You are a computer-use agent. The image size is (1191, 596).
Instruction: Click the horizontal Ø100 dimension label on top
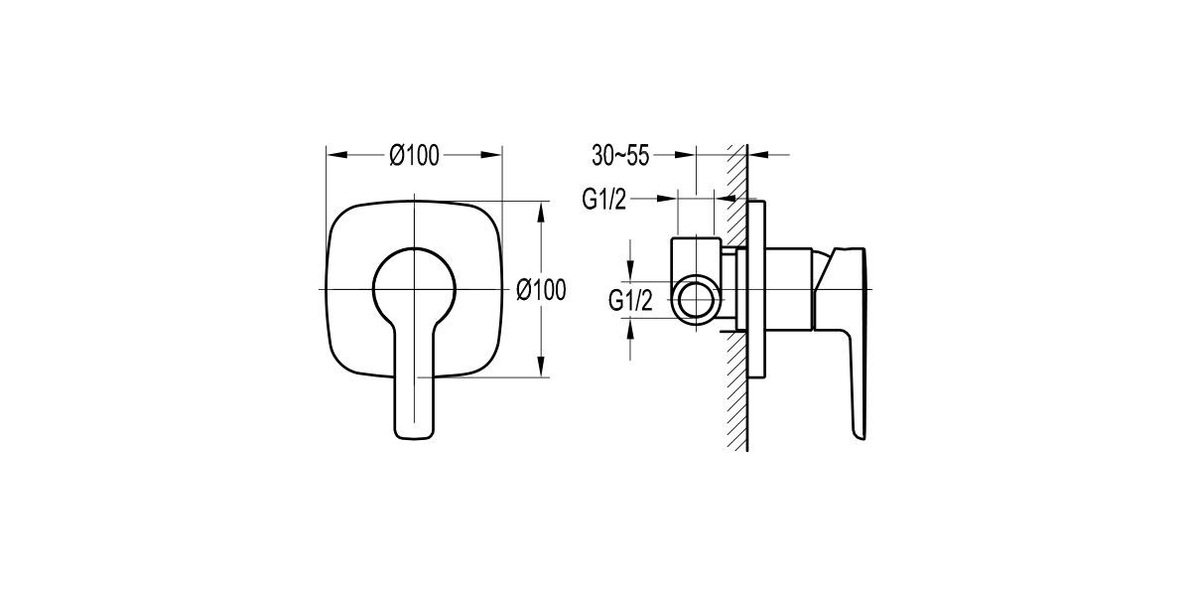[415, 155]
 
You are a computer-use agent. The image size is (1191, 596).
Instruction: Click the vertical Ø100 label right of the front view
[542, 289]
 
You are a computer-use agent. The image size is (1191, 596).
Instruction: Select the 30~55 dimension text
[620, 155]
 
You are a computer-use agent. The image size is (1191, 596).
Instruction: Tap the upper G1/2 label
[604, 200]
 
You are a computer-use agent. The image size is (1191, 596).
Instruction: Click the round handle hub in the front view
[414, 288]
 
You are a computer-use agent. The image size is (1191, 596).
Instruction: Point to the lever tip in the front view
[414, 427]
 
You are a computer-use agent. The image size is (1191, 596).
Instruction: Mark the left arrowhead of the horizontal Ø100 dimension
[333, 155]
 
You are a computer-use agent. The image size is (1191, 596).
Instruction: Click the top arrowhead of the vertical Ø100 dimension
[541, 210]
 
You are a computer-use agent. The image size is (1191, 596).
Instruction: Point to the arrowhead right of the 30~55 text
[687, 155]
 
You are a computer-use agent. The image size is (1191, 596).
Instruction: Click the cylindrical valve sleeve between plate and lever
[790, 288]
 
